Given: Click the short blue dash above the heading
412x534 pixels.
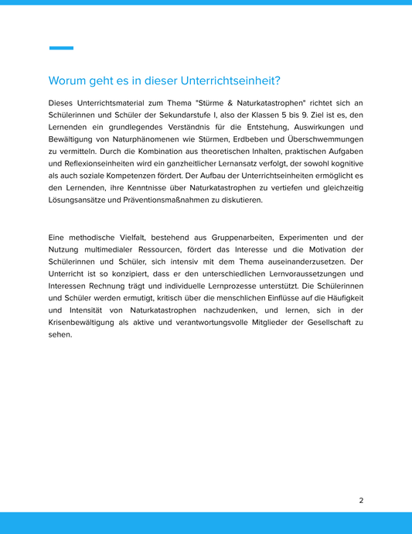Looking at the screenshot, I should coord(61,48).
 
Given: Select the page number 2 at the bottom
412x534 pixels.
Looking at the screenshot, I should coord(361,500).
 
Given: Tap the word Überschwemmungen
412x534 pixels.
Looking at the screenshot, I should coord(323,139).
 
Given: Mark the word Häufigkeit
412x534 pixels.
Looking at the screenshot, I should coord(339,297).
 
